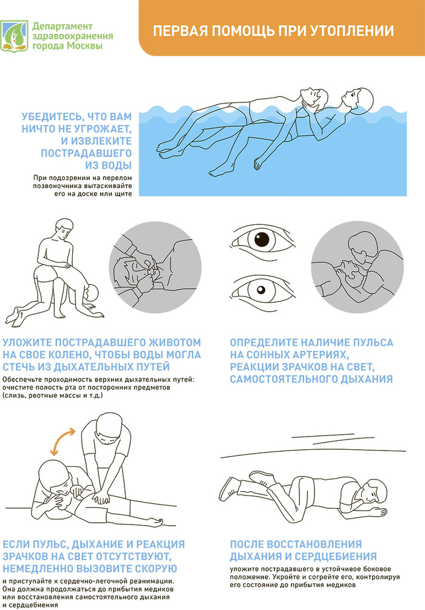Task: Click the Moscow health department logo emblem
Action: coord(15,36)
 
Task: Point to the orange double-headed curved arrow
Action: coord(63,441)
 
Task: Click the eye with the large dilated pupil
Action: coord(262,241)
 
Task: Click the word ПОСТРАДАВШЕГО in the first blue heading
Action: coord(86,153)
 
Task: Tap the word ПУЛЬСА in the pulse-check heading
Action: coord(373,343)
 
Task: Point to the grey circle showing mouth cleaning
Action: coord(155,268)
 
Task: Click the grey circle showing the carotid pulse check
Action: coord(357,268)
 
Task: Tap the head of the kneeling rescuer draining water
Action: coord(64,229)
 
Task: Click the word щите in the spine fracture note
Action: coord(123,194)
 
